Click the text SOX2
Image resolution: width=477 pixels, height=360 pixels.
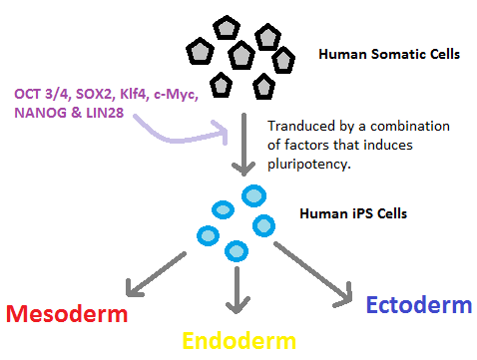(x=99, y=94)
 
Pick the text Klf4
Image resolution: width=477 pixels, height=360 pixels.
(x=144, y=94)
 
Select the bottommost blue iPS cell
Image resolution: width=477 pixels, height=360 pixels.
(x=236, y=249)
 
